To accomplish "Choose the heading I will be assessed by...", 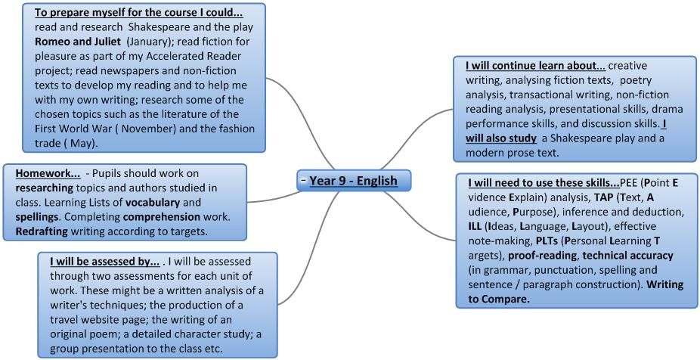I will pos(105,262).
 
